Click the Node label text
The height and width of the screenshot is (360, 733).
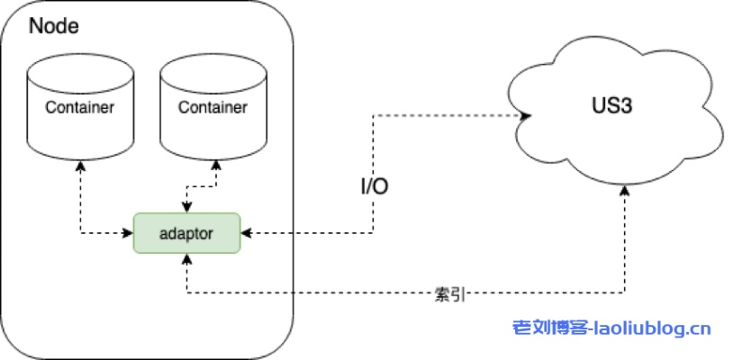(53, 26)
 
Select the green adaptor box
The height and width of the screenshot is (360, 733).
(186, 233)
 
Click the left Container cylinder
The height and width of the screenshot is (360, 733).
(79, 106)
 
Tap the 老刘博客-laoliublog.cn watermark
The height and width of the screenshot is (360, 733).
(611, 329)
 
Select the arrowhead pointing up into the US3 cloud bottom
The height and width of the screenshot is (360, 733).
(624, 191)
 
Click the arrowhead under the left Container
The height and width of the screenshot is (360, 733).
(80, 165)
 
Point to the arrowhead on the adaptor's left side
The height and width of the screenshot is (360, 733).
(129, 233)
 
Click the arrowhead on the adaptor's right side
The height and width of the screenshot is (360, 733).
(245, 233)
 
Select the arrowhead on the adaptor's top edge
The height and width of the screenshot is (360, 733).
(186, 208)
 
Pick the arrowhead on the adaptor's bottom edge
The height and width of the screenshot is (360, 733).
(186, 258)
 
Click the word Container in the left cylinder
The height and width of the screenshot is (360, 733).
(79, 108)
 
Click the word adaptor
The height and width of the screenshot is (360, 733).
(186, 233)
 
